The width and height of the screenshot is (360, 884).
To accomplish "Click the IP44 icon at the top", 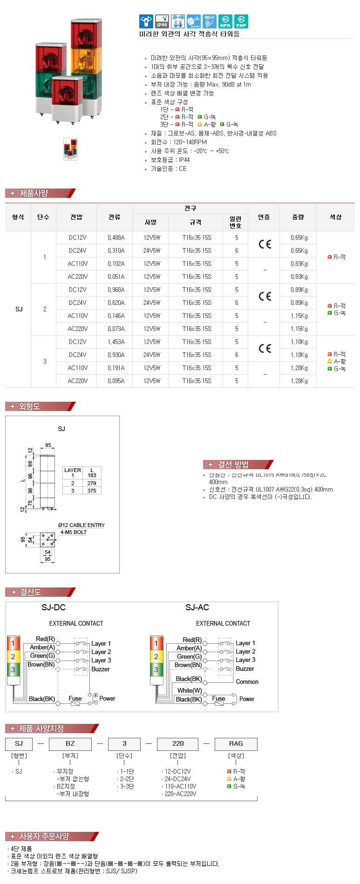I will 162,21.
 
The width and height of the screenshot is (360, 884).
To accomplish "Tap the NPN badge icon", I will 225,21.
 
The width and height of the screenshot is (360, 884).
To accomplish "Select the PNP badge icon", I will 241,21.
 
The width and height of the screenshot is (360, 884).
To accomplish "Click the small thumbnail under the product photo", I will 70,149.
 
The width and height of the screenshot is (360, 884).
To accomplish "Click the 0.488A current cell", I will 116,237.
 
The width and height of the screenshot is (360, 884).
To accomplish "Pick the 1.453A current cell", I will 116,342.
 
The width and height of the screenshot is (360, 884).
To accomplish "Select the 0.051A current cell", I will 116,277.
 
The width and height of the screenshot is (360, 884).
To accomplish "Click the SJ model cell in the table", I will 19,309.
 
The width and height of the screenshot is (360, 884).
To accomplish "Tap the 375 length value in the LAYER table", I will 92,491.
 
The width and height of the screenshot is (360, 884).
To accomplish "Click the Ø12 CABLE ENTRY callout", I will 82,525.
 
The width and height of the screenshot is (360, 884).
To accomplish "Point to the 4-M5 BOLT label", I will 74,532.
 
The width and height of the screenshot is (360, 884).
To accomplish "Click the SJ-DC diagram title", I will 54,607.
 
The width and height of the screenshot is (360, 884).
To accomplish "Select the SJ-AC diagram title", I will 197,607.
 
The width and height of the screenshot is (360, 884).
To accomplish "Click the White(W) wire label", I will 190,690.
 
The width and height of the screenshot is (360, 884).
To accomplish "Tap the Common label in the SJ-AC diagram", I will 247,682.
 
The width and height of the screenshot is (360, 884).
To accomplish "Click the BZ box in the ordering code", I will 70,743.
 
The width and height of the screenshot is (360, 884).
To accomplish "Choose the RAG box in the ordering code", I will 236,743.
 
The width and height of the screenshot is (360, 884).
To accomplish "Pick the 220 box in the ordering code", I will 178,743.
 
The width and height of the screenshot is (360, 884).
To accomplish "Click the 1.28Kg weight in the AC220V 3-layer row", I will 299,381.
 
